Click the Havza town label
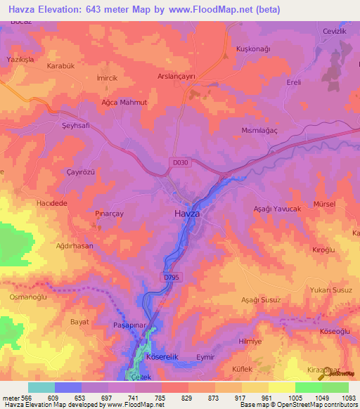tap(186, 213)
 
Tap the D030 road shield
tap(179, 162)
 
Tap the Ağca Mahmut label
tap(124, 103)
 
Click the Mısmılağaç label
tap(279, 131)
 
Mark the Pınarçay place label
tap(110, 211)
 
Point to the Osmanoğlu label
tap(27, 296)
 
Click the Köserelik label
tap(162, 357)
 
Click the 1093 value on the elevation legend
tap(348, 398)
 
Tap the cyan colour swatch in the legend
tap(41, 387)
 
